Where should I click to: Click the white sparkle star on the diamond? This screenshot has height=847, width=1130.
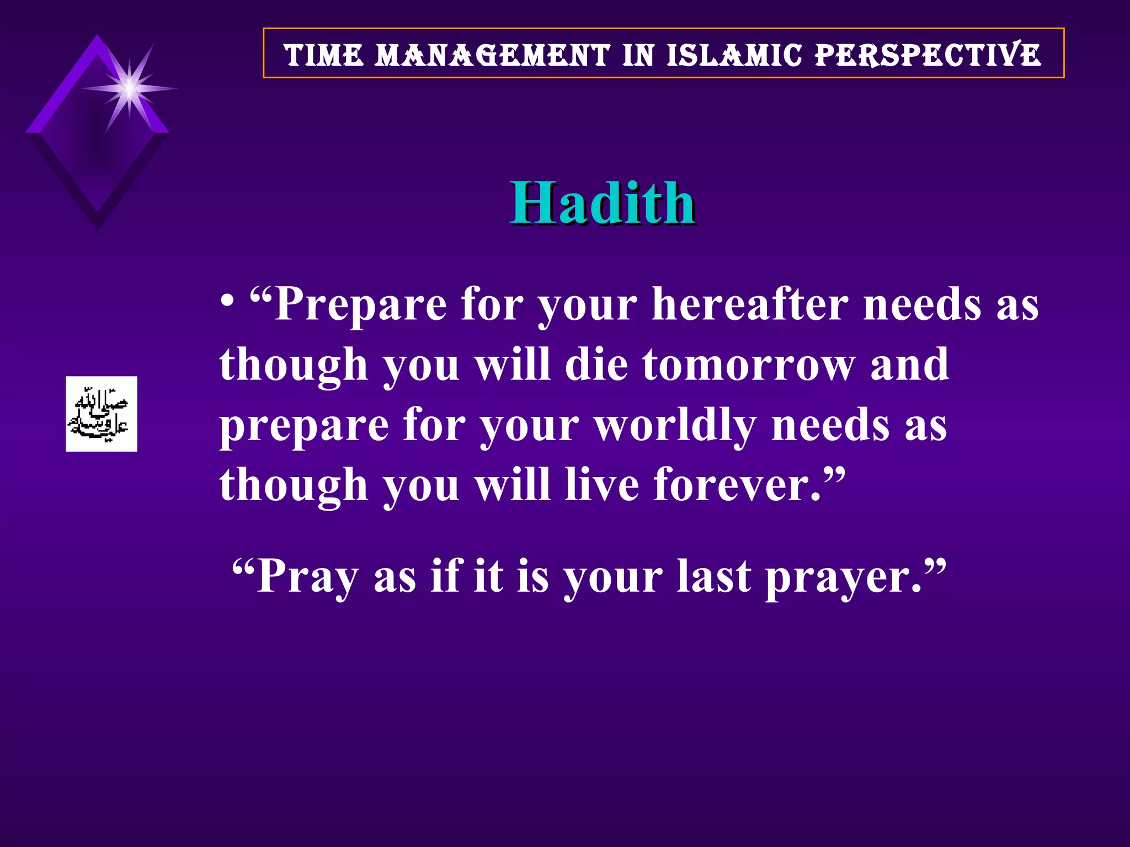pos(130,88)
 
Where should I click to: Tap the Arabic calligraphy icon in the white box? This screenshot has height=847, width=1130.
pos(102,414)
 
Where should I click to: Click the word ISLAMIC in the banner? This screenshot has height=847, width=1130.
pos(734,56)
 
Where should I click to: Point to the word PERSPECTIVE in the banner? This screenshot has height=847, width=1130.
pos(928,56)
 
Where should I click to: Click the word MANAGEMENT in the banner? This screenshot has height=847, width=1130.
pos(492,56)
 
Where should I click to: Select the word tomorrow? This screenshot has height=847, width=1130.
pos(749,365)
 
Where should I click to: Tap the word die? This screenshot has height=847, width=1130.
pos(596,365)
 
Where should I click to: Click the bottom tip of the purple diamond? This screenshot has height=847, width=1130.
pos(97,227)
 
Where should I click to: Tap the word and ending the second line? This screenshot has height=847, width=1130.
pos(909,365)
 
